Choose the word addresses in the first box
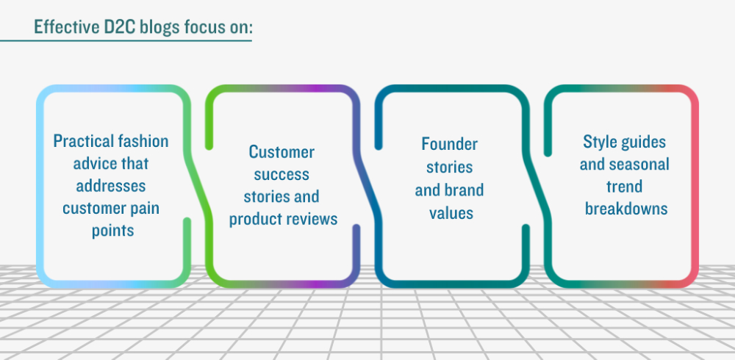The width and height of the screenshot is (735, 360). point(111,186)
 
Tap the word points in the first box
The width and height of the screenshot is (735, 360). point(113,231)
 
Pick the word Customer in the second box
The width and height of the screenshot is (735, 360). point(282,152)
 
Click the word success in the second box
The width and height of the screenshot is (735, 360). point(282,174)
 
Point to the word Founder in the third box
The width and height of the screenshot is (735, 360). point(449,144)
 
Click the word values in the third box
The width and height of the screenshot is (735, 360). point(451,213)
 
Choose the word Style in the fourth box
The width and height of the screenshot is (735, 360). point(597,142)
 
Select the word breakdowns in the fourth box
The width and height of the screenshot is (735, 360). point(626,209)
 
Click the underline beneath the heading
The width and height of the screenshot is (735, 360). point(126,41)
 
